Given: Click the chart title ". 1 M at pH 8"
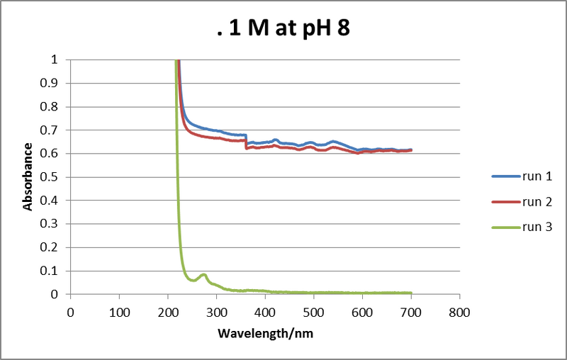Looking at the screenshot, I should (x=283, y=31).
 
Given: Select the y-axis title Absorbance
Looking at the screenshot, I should (x=28, y=176).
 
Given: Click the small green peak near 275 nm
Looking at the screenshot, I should (x=203, y=274).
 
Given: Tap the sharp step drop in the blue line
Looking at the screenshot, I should (x=246, y=139).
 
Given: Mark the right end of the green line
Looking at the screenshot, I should (x=411, y=293).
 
